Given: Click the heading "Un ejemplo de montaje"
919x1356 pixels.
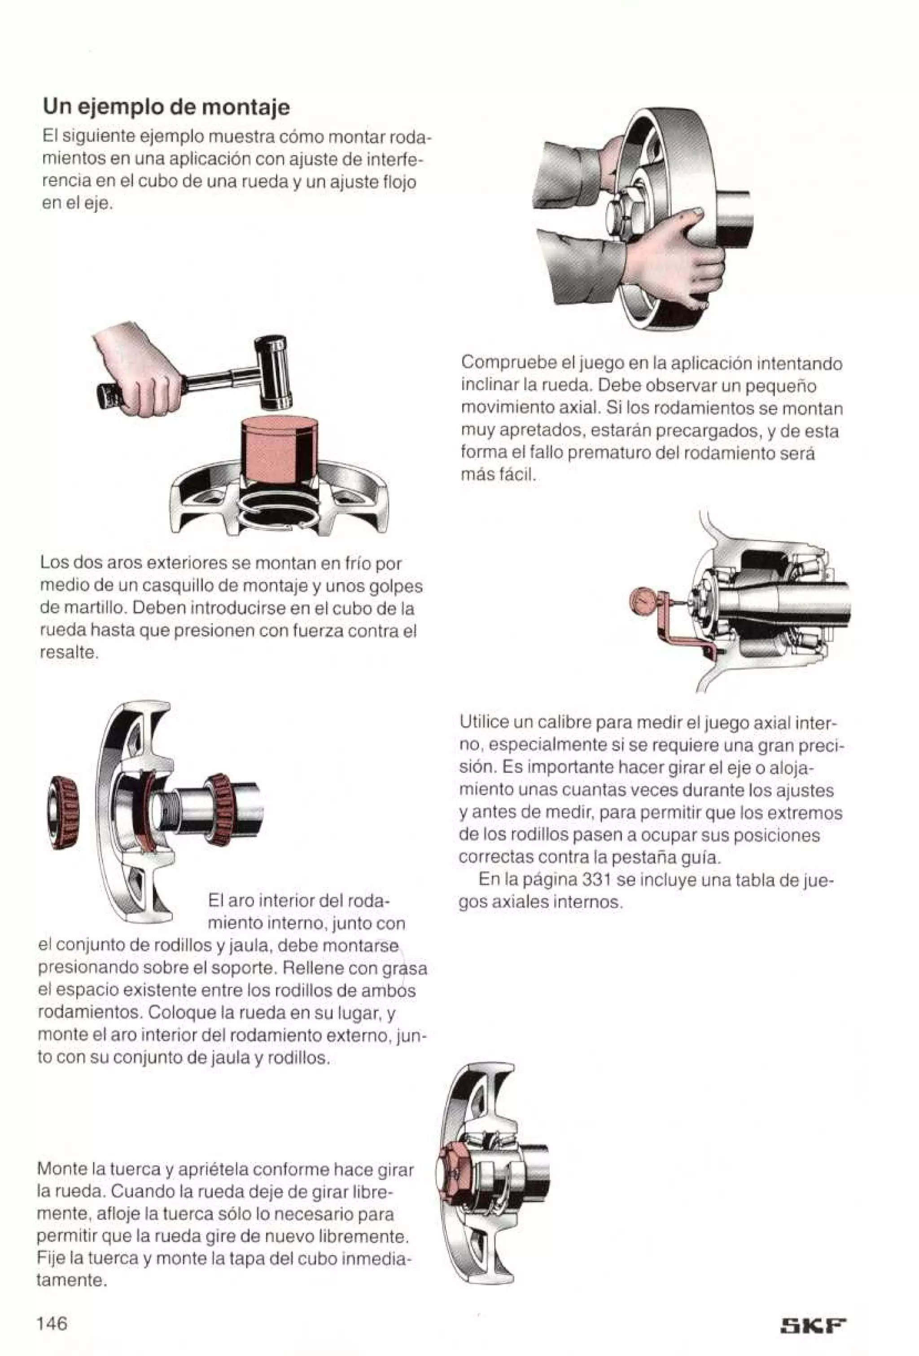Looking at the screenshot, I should coord(166,108).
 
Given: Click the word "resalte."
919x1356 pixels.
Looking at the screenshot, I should coord(68,653).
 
